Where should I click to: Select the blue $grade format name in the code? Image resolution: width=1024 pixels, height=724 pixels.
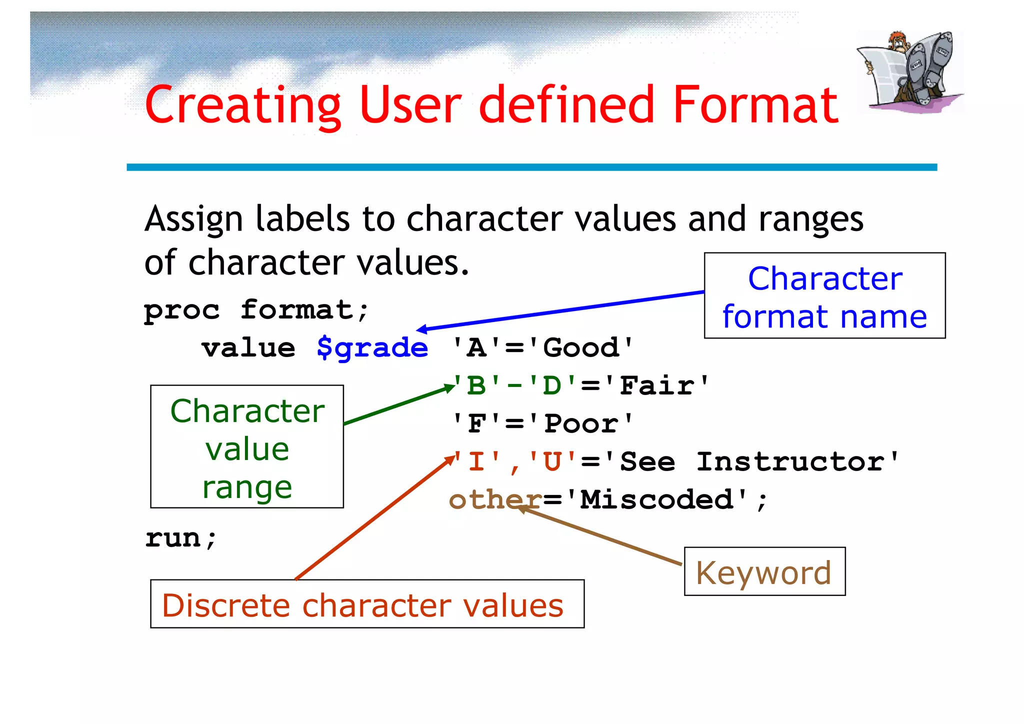click(x=372, y=348)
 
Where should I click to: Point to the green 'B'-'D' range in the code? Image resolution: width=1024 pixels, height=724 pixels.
click(x=515, y=386)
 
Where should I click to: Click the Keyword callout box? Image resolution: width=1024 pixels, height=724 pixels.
click(x=764, y=571)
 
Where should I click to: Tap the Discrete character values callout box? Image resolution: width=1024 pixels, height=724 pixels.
click(x=367, y=604)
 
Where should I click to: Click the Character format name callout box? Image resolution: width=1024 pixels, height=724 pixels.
click(x=824, y=296)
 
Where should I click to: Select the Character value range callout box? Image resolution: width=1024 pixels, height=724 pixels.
click(x=247, y=446)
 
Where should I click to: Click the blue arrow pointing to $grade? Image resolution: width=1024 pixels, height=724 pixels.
click(x=560, y=311)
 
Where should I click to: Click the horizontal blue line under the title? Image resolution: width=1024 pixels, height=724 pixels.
click(x=531, y=167)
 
